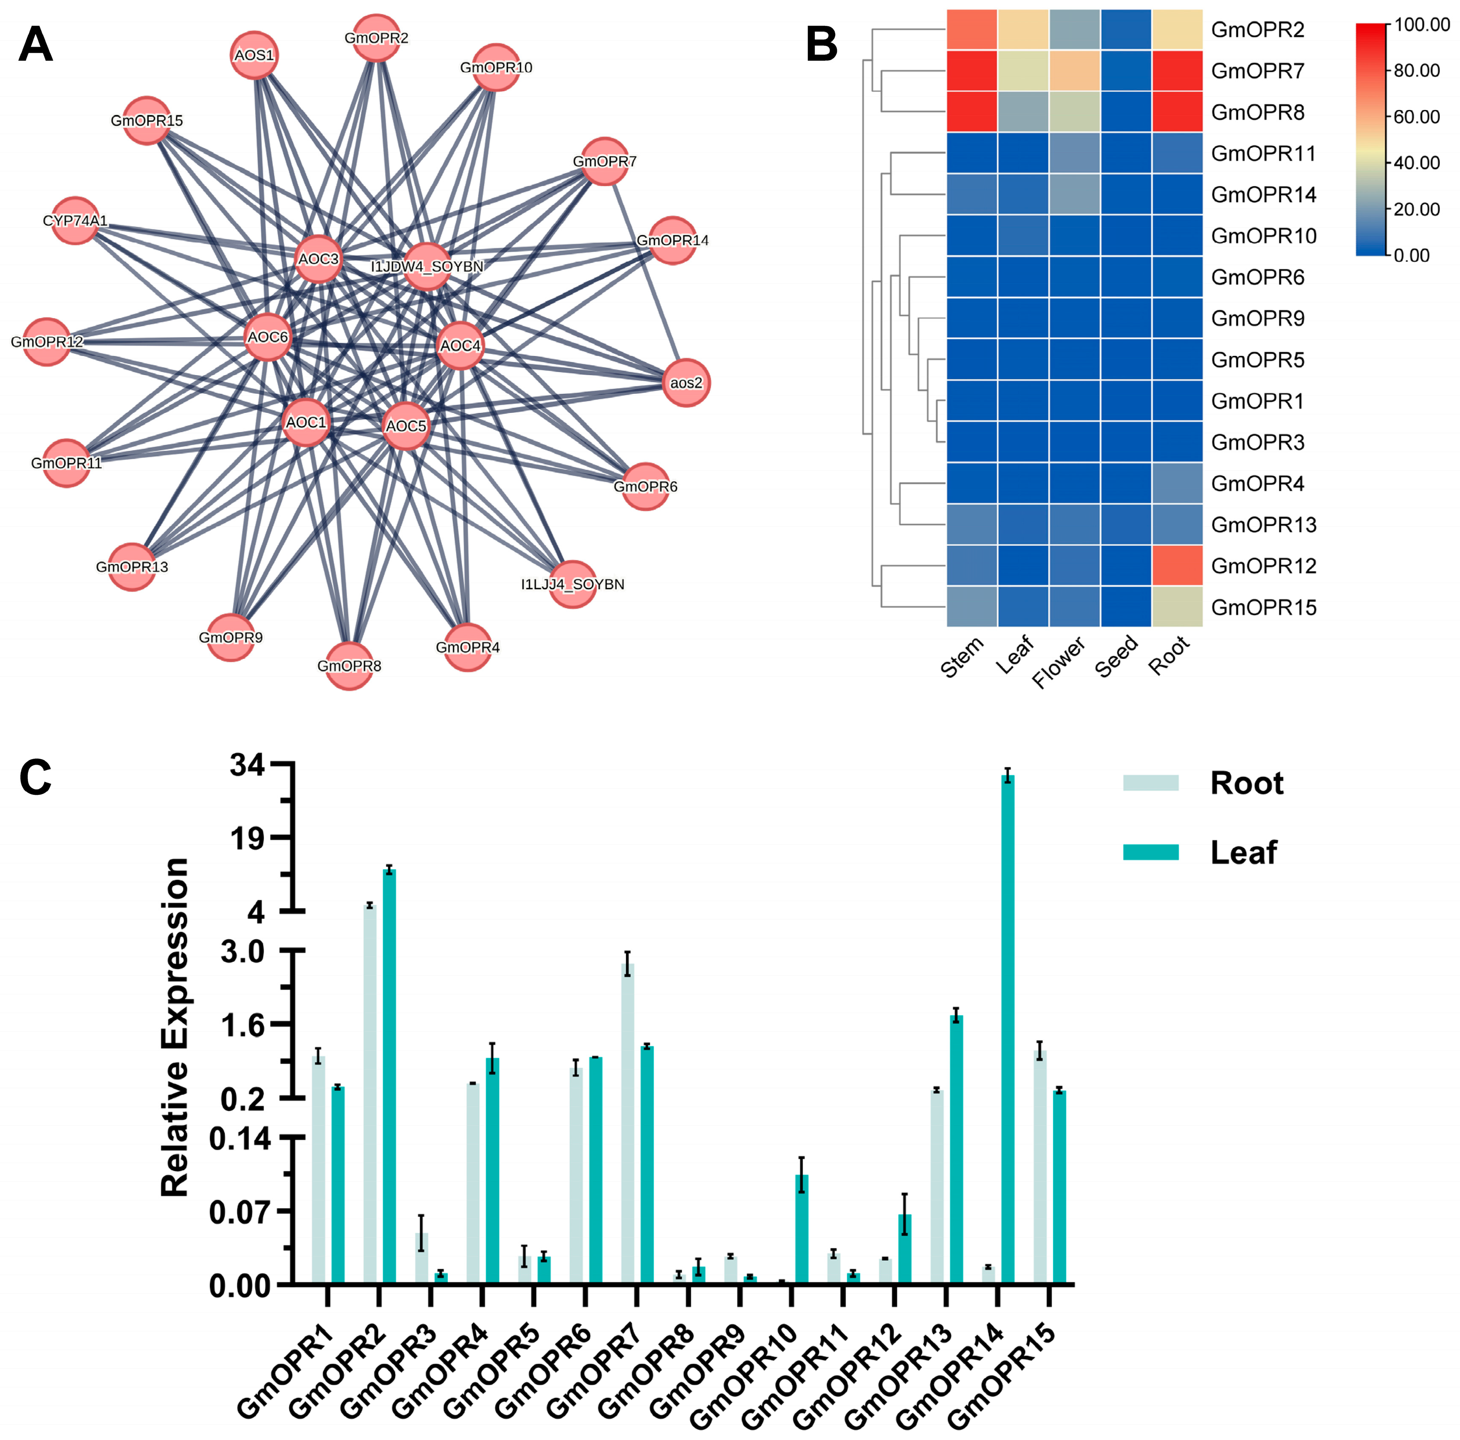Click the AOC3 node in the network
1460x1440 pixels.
point(318,259)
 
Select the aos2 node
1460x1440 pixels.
point(686,383)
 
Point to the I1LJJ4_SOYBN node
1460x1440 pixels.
point(573,584)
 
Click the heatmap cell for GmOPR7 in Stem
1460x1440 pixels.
point(972,71)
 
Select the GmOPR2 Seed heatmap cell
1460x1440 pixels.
point(1126,30)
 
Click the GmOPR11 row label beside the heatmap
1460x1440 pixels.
point(1263,153)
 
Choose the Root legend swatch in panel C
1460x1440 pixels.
point(1150,783)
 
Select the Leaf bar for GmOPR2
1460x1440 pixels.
point(389,1076)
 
